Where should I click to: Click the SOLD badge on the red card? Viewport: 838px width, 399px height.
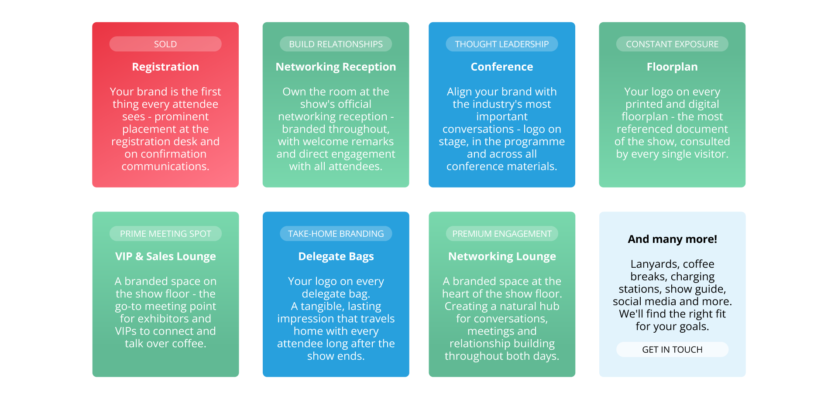click(165, 44)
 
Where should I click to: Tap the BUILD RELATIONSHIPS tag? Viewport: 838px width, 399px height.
click(336, 44)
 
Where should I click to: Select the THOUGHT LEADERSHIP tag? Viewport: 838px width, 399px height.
click(502, 44)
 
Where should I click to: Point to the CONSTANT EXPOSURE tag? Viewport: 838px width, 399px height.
click(672, 44)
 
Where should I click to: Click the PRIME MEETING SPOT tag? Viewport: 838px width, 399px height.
click(165, 234)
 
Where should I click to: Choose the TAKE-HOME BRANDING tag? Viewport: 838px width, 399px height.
click(336, 234)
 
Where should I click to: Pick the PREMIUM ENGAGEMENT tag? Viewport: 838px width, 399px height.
click(502, 234)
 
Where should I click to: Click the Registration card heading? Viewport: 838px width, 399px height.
click(165, 67)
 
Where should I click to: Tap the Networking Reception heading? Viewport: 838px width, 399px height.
click(336, 67)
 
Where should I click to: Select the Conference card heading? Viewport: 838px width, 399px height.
click(502, 67)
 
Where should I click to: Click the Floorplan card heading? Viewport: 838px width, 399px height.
click(672, 67)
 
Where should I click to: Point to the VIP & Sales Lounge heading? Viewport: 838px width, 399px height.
click(165, 256)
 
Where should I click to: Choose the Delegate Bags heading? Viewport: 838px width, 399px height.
click(336, 256)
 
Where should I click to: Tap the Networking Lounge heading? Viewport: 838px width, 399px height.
click(502, 256)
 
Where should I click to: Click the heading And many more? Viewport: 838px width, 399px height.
click(672, 239)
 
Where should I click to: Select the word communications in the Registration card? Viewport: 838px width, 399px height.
click(165, 167)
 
